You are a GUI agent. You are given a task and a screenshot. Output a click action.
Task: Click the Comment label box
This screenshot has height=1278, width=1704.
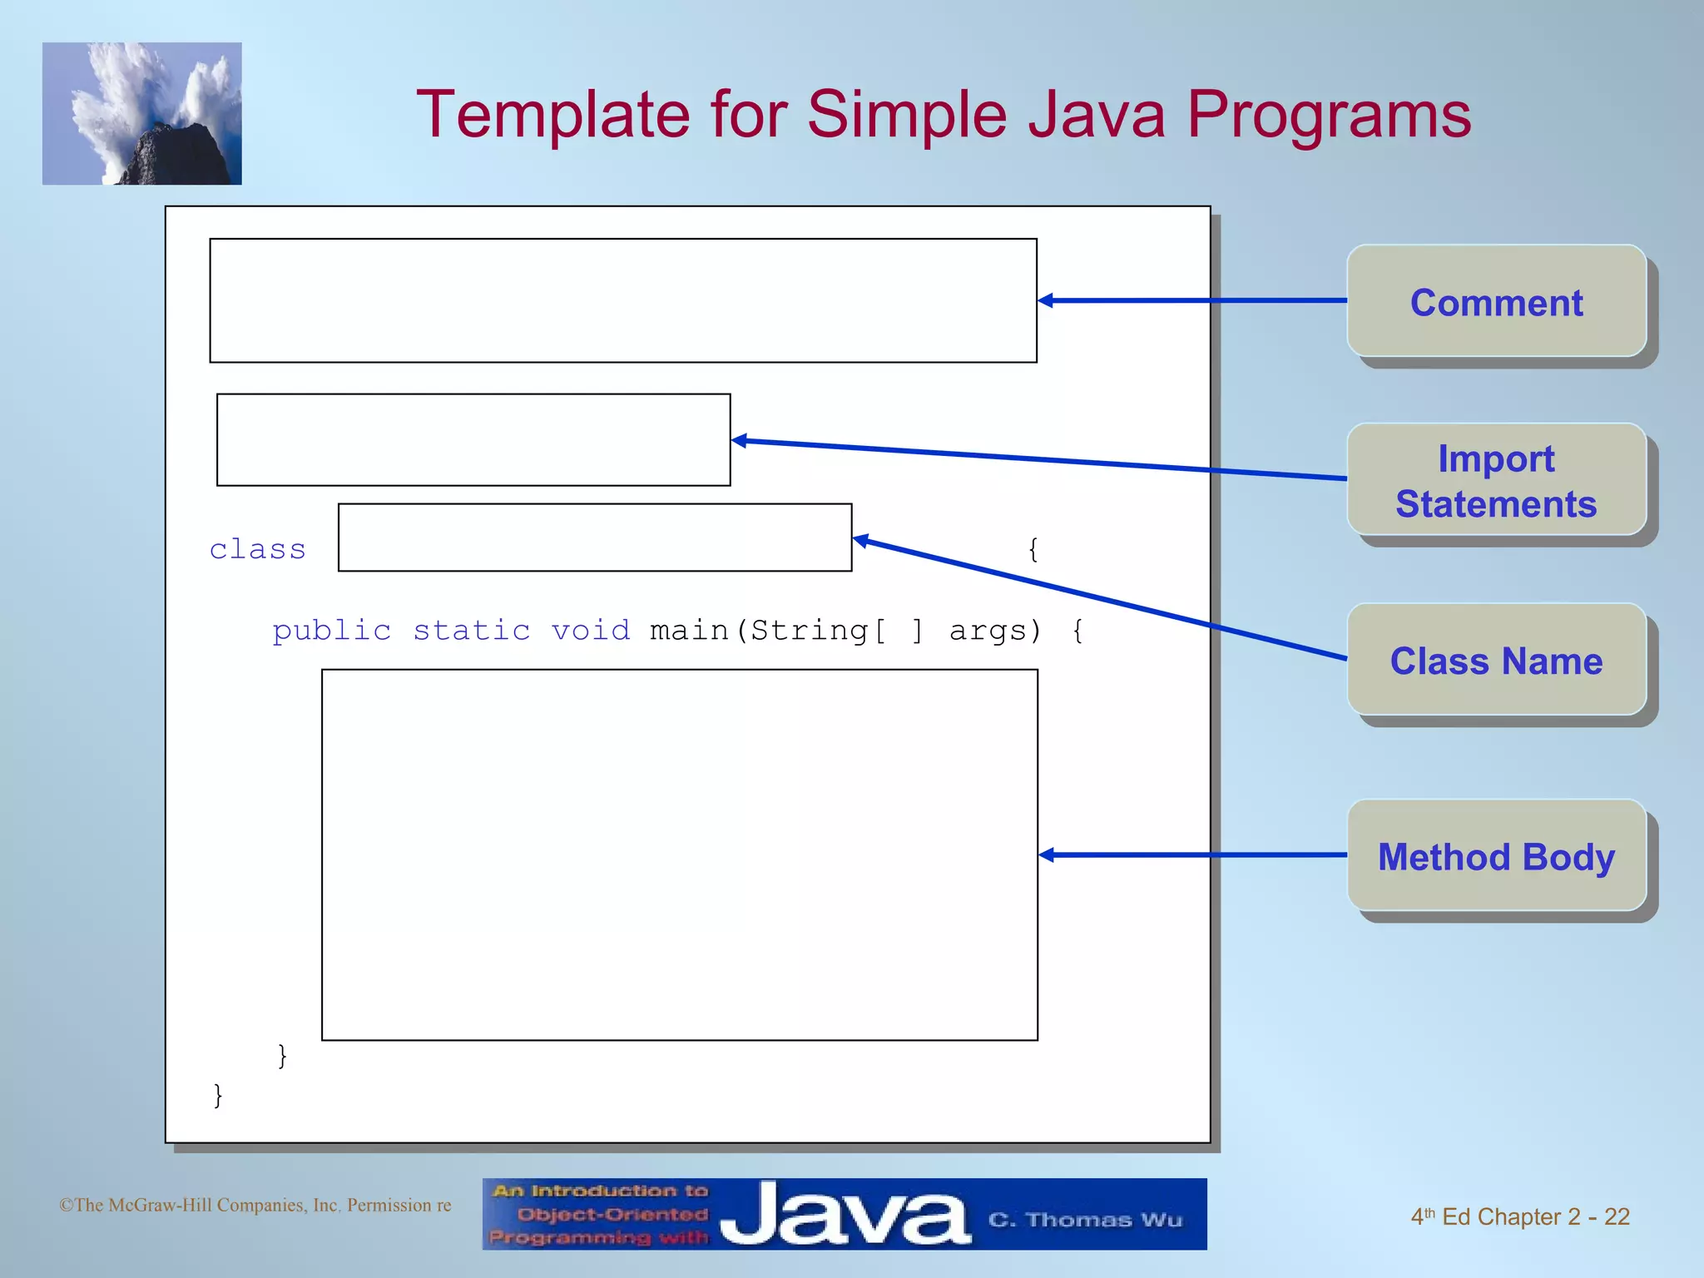point(1496,301)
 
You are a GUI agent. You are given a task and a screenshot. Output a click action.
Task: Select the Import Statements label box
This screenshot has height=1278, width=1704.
point(1496,480)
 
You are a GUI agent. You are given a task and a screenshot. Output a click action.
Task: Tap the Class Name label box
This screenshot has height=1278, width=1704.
point(1496,660)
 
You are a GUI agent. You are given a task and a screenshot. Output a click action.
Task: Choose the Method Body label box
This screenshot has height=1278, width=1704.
point(1496,855)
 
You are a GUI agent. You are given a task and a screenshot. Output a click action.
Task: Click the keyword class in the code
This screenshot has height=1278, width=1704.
point(258,549)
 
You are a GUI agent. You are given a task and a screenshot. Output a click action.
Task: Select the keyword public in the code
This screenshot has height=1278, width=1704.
point(331,631)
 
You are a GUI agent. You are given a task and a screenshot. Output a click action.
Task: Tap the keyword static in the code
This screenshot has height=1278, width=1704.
point(471,631)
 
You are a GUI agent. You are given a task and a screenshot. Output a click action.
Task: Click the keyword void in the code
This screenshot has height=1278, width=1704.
point(591,631)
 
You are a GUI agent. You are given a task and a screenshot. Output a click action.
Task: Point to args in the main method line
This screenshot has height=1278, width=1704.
point(988,632)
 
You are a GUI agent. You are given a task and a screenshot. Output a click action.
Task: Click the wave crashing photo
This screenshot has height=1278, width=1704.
point(142,114)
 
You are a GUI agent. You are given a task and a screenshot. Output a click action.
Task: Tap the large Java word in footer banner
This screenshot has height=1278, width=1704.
point(845,1215)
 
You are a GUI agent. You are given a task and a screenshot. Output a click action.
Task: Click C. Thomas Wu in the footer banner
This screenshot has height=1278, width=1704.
point(1085,1220)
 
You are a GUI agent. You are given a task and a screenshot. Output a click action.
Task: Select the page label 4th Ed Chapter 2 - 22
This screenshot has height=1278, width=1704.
point(1519,1216)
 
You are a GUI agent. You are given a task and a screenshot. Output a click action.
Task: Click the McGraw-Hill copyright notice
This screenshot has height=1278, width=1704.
point(255,1205)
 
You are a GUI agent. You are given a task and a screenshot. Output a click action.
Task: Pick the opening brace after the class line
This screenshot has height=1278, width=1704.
point(1033,549)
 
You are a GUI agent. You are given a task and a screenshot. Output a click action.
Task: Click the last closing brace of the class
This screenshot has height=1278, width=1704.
point(218,1095)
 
